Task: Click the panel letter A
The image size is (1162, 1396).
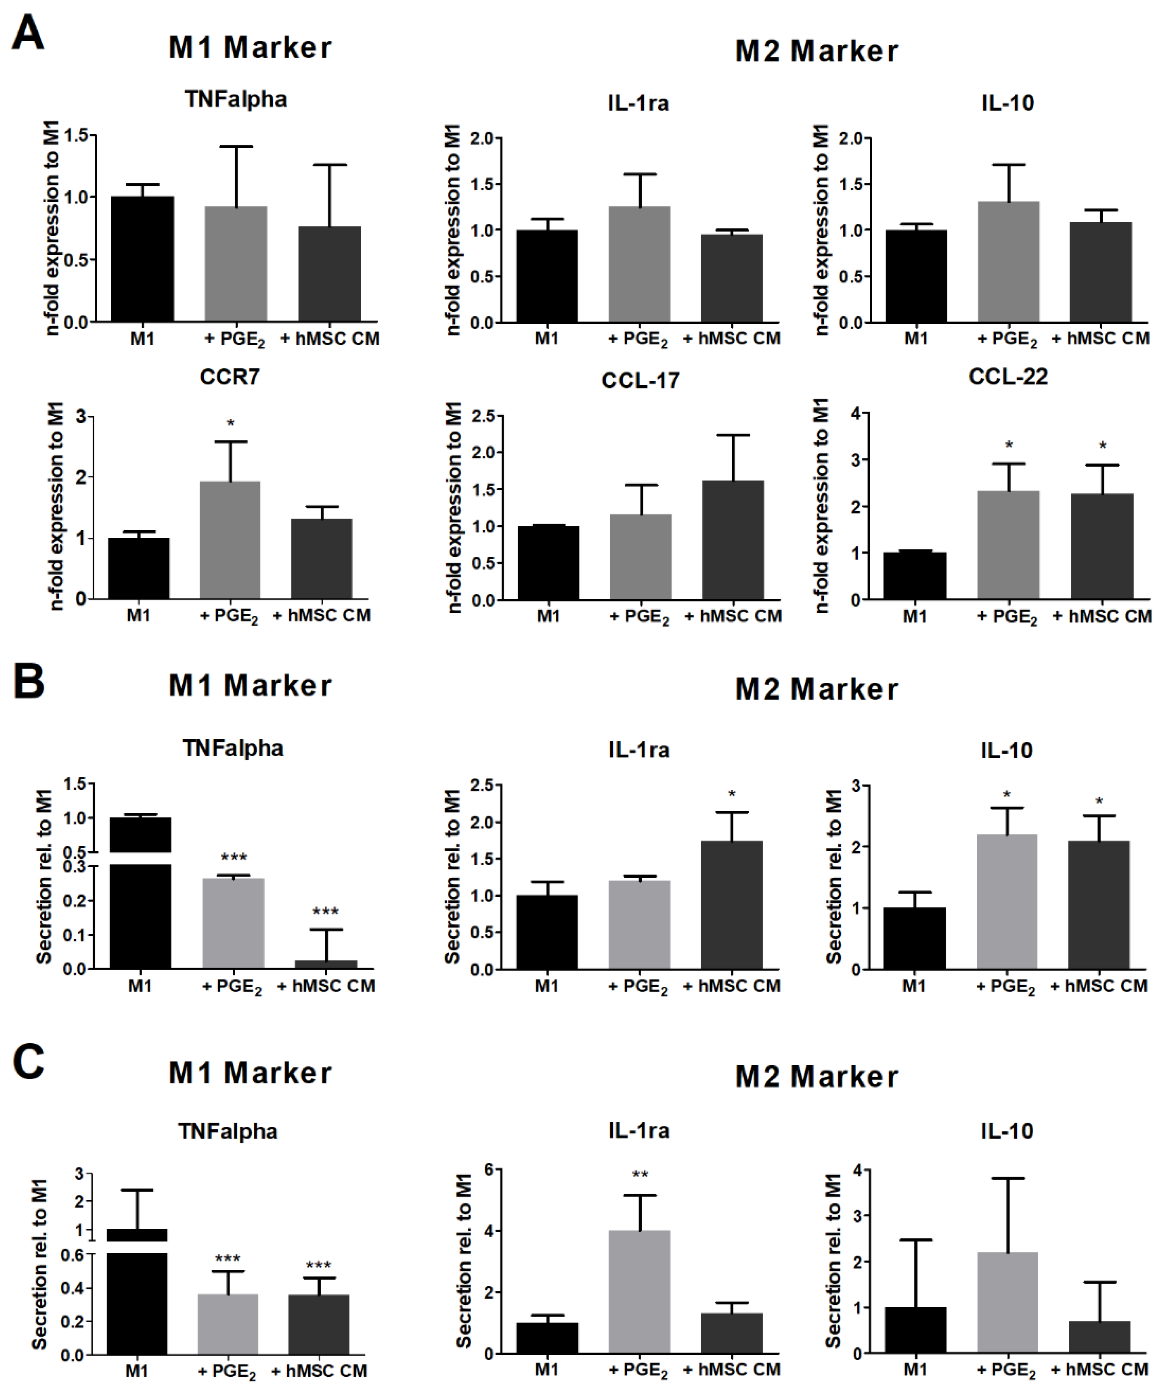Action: click(28, 33)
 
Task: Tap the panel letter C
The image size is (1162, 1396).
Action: click(28, 1062)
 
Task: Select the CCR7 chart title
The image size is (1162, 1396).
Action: click(229, 377)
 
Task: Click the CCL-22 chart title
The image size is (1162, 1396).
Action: click(1008, 377)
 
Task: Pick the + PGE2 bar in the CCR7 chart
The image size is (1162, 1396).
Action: click(230, 540)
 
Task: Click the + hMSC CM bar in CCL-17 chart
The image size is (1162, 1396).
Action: click(732, 540)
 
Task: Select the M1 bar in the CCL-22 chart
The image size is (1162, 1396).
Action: click(915, 576)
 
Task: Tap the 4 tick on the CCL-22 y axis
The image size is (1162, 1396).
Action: click(856, 414)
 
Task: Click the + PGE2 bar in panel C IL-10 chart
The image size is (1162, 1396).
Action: click(1007, 1302)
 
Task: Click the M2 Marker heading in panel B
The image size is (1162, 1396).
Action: click(816, 689)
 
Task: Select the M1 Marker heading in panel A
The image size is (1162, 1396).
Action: click(250, 48)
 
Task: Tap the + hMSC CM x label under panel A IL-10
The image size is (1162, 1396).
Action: click(1100, 338)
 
